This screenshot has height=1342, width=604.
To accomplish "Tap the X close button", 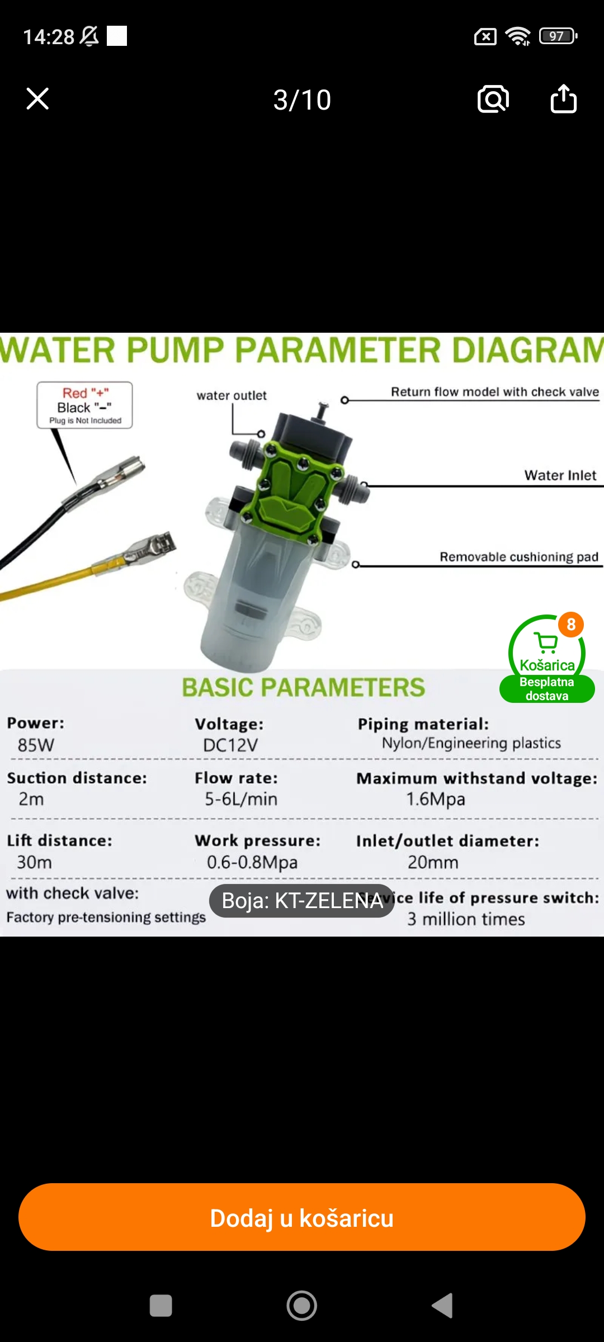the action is point(37,99).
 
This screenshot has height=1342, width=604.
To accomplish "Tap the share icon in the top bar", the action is point(563,99).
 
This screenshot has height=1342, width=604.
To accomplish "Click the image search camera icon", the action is point(493,99).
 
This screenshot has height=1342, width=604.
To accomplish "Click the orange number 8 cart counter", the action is point(570,624).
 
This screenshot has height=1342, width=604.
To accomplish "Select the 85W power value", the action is point(36,745).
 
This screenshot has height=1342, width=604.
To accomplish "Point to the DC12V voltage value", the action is point(230,745).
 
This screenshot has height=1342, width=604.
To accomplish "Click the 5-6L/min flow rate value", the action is point(241,799).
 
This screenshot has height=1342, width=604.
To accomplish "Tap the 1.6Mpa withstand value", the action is point(436,799).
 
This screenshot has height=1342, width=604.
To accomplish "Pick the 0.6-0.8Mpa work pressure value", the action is point(252,862).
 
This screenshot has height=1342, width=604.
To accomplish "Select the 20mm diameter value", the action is point(433,862).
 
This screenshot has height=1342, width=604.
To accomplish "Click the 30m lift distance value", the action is point(34,862).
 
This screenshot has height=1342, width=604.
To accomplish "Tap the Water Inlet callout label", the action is point(560,475).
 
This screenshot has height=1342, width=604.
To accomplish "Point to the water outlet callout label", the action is point(232,395).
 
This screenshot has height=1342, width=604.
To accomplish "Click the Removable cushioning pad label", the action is point(519,557).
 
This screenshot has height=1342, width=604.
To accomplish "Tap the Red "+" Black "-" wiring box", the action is point(85,405).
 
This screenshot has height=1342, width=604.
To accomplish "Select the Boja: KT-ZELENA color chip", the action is point(302,901).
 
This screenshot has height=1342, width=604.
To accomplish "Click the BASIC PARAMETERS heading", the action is point(303,687).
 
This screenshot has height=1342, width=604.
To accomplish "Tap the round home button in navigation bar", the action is point(302,1306).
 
